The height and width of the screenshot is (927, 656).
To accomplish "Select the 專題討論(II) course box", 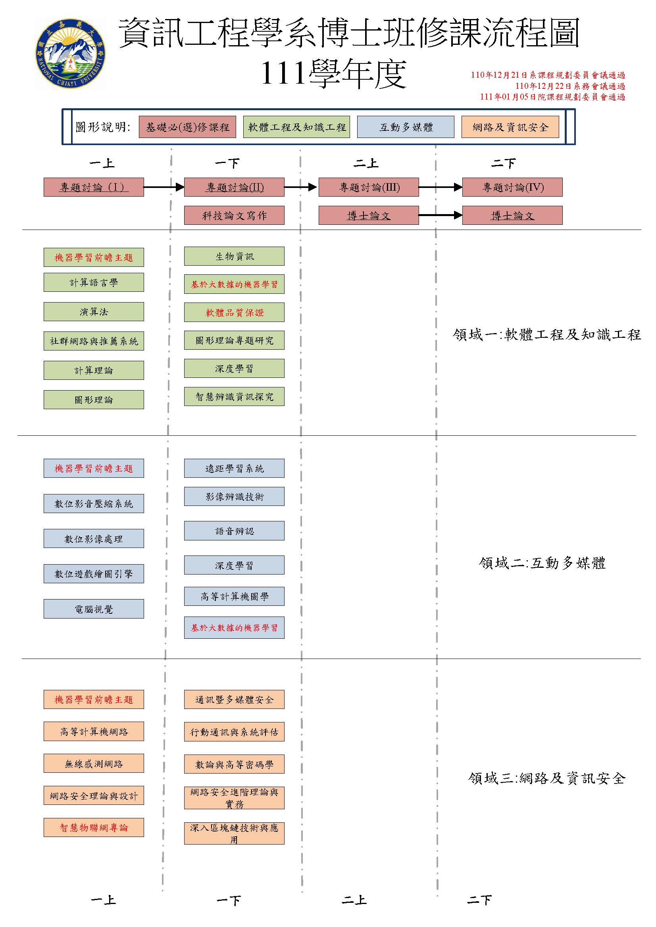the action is (x=234, y=187).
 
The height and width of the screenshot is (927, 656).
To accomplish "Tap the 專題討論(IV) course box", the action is (x=512, y=187).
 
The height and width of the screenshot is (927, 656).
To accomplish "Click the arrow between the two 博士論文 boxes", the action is (x=441, y=215).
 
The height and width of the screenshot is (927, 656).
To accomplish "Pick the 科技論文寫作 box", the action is (x=234, y=215).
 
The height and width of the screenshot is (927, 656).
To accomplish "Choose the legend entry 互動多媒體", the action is (x=406, y=127).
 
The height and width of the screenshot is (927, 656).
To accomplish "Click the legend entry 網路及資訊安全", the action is (x=510, y=127).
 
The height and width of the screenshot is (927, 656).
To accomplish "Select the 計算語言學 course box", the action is (x=94, y=282).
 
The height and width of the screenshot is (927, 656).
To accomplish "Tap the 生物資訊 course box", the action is (x=234, y=256).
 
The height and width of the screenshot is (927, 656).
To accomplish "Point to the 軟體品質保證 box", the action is (x=234, y=312).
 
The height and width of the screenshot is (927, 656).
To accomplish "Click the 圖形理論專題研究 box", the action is (x=234, y=340).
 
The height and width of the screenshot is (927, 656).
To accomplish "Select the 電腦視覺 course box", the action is (x=94, y=609).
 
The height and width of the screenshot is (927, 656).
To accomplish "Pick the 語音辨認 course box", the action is (x=234, y=531).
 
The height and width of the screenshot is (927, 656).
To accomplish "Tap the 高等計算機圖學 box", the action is (x=234, y=596).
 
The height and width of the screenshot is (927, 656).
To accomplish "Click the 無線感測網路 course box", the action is (x=94, y=763).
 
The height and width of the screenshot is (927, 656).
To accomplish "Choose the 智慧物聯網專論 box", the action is (x=94, y=827).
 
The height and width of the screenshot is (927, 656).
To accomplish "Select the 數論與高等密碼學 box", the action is (x=234, y=764).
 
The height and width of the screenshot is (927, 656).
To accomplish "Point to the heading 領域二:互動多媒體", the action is (x=542, y=562).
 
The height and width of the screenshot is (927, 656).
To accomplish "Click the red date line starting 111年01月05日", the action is (x=552, y=97).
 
